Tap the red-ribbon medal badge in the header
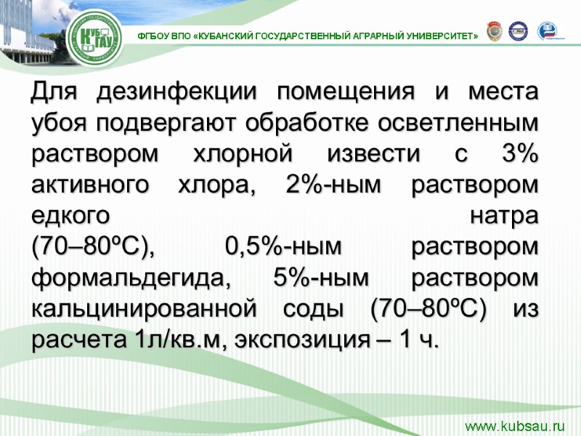point(493,31)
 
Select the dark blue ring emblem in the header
point(518,31)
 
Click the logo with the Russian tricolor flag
point(547,31)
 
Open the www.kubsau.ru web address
point(514,426)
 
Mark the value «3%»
point(519,156)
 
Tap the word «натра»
point(505,217)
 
